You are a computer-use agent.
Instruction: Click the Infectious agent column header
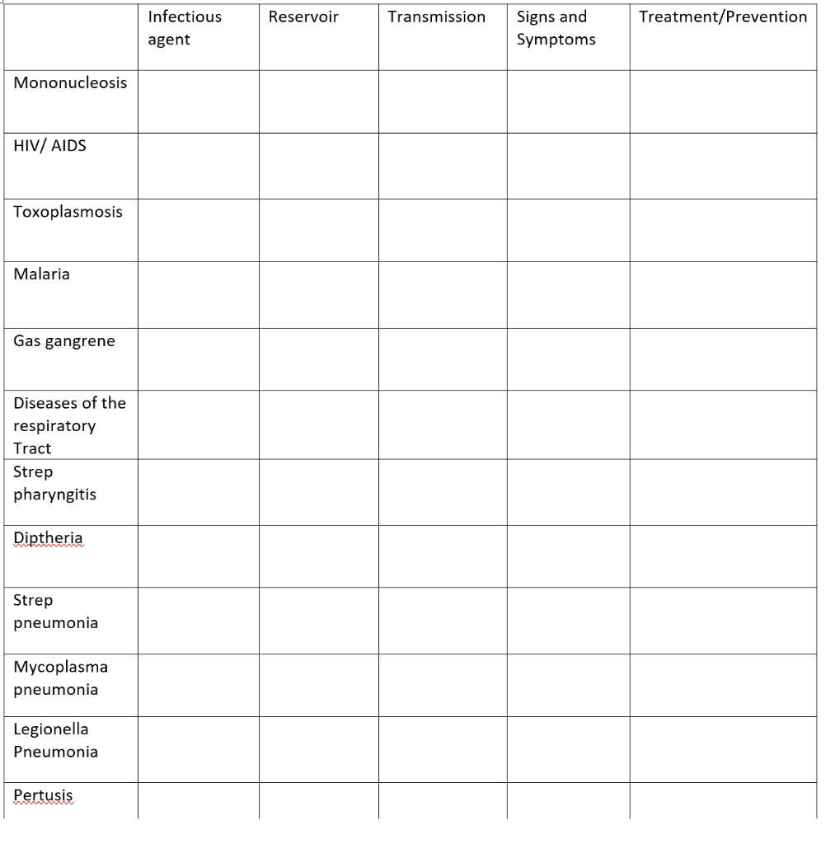coord(185,28)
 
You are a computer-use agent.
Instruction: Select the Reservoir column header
coord(303,17)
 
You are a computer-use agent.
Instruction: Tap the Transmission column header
coord(436,17)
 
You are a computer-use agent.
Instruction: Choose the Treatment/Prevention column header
coord(723,17)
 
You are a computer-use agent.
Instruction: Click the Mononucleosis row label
coord(70,83)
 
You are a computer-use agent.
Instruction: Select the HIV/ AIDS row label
coord(49,146)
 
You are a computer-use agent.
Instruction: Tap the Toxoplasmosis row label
coord(68,212)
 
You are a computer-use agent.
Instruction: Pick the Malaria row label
coord(41,274)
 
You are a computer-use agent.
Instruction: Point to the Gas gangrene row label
coord(64,341)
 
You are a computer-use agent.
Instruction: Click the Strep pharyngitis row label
coord(54,483)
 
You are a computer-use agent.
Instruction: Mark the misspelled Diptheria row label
coord(48,538)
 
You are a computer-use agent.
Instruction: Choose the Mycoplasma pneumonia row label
coord(60,678)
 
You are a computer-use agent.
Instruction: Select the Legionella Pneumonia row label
coord(55,740)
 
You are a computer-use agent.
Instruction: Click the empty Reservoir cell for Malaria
coord(318,294)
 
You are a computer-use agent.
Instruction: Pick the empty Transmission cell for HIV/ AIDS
coord(442,166)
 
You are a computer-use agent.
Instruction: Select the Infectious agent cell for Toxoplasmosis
coord(198,230)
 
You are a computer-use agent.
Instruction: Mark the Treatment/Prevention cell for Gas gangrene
coord(723,359)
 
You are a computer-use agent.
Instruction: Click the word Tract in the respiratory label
coord(32,448)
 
